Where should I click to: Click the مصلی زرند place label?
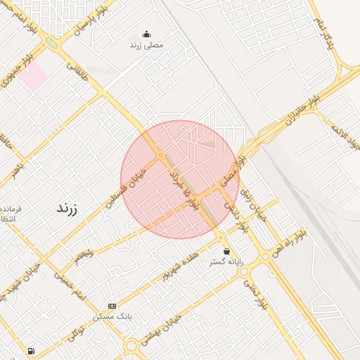click(146, 44)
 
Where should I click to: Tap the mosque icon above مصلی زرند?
click(146, 34)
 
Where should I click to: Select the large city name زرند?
click(66, 209)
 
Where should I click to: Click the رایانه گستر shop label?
click(226, 262)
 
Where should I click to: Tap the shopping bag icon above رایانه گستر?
click(226, 251)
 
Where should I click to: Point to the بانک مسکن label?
click(112, 316)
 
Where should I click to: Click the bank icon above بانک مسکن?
click(112, 306)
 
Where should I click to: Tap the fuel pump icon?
click(31, 350)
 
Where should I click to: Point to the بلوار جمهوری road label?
click(15, 71)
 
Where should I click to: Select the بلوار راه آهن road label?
click(290, 240)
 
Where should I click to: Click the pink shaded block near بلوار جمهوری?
click(33, 76)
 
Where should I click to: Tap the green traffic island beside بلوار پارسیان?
click(51, 43)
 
